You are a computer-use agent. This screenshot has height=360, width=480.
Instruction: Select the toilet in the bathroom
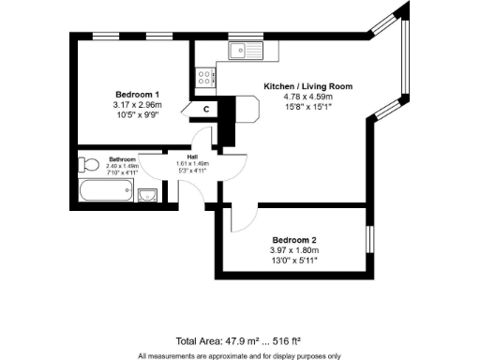pyautogui.click(x=89, y=167)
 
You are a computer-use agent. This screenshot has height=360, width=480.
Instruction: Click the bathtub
pyautogui.click(x=106, y=194)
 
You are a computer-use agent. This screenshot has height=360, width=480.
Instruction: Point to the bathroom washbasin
pyautogui.click(x=148, y=195)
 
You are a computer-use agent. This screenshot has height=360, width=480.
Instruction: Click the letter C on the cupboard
pyautogui.click(x=205, y=110)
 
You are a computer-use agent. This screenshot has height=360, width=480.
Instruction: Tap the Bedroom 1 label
pyautogui.click(x=137, y=95)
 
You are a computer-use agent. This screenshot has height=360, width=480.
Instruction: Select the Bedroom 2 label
pyautogui.click(x=294, y=239)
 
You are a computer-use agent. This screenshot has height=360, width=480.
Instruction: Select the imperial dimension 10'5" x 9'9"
pyautogui.click(x=137, y=116)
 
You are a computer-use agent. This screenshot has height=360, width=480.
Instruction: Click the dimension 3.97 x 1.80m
pyautogui.click(x=294, y=250)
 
